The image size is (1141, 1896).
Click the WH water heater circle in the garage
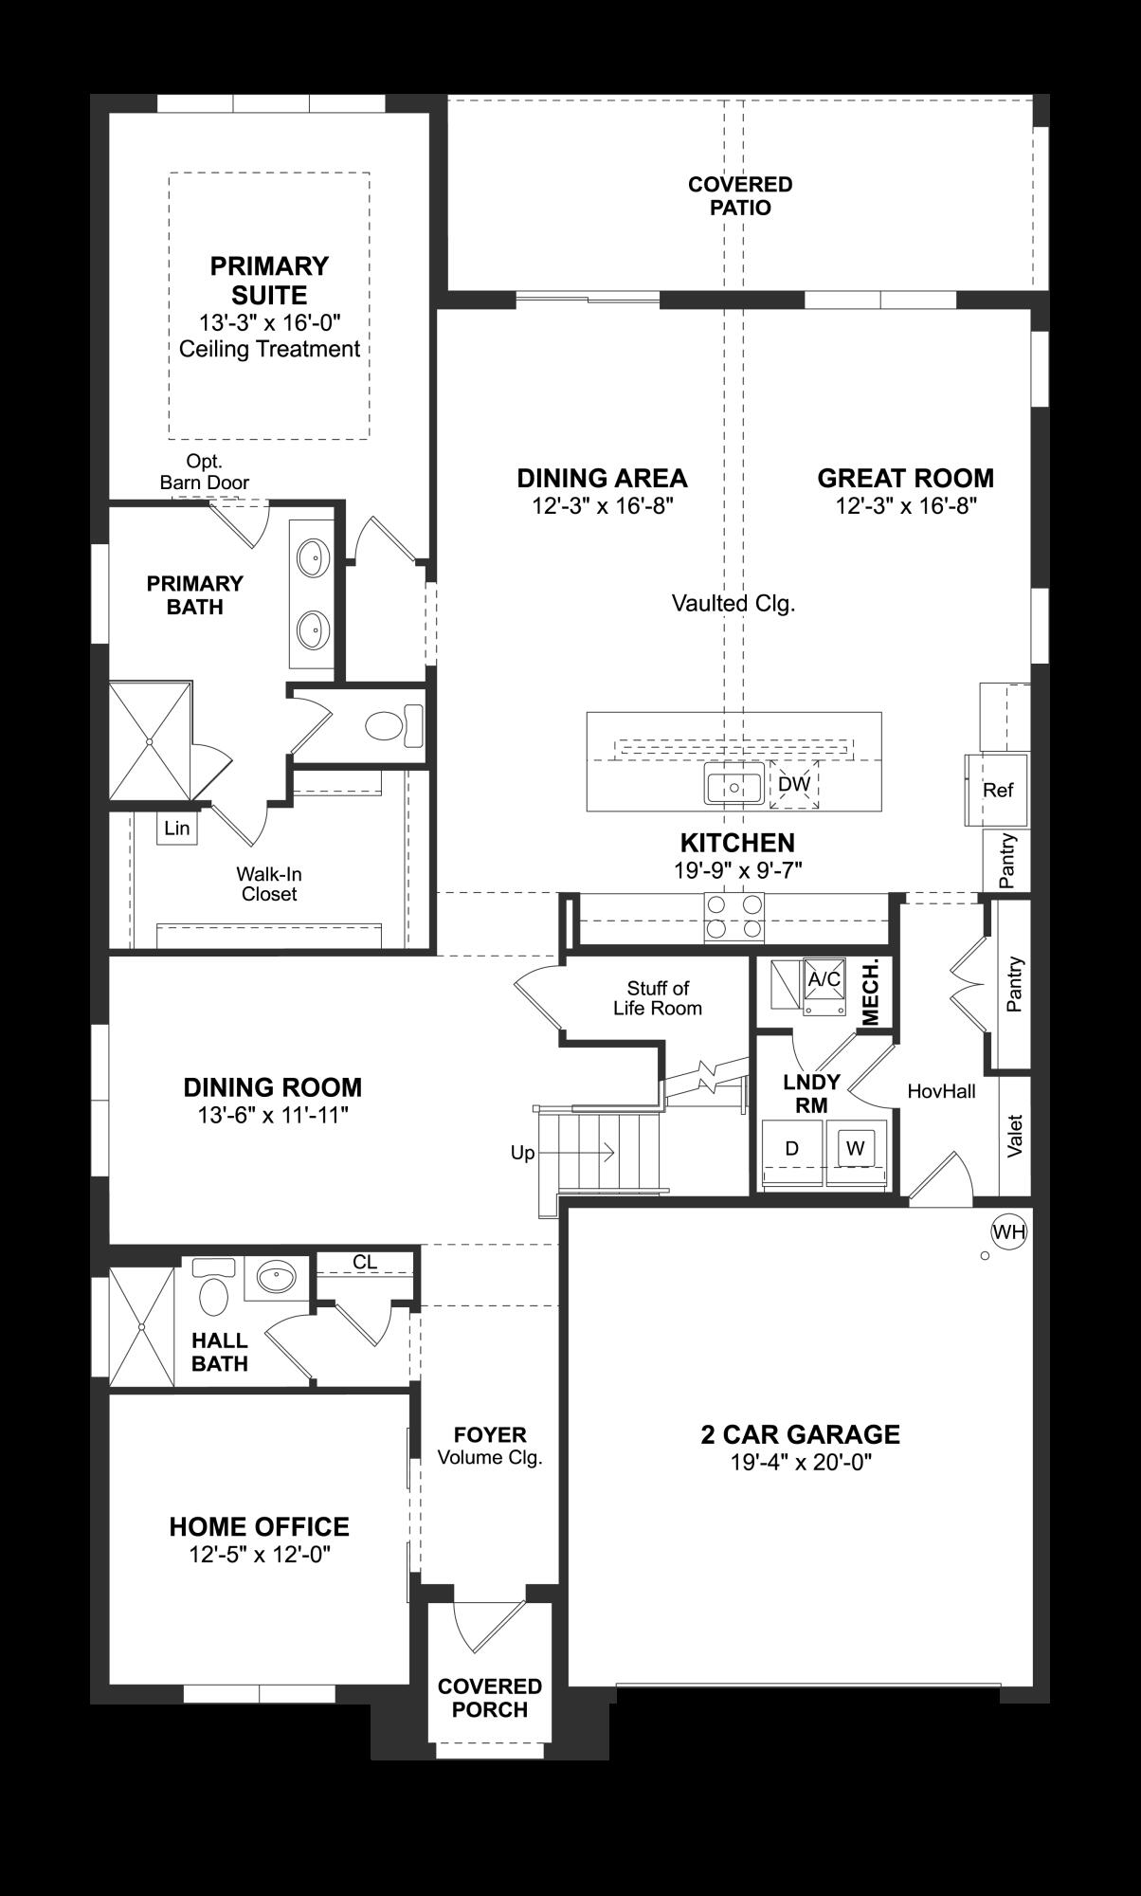[1008, 1231]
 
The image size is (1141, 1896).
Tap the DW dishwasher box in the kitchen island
[794, 784]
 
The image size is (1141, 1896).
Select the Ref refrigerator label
[998, 790]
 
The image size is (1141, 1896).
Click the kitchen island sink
[733, 787]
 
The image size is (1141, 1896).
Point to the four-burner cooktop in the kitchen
[734, 917]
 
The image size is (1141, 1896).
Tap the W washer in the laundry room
[856, 1148]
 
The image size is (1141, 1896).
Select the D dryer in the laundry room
[792, 1148]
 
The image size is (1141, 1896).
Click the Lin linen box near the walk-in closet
[177, 828]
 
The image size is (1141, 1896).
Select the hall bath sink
[276, 1278]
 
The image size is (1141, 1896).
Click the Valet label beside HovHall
[1015, 1134]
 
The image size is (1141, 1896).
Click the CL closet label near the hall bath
[365, 1262]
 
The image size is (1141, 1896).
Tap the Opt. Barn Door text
[205, 471]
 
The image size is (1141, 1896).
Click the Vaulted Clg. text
[733, 603]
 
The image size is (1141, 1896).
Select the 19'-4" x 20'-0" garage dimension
[800, 1462]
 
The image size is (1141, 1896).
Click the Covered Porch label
[489, 1698]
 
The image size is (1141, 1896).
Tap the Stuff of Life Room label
[657, 997]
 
